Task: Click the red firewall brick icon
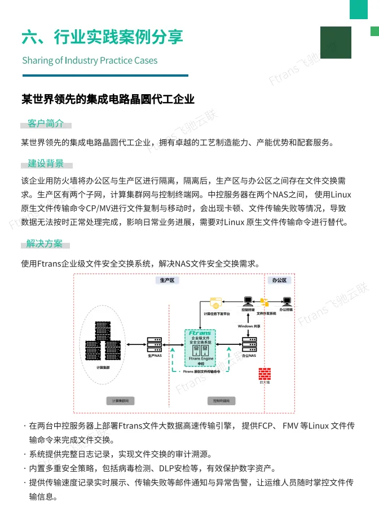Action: coord(265,374)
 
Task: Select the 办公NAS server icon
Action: coord(249,343)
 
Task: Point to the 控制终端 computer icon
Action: coord(247,301)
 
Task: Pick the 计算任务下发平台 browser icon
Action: coord(217,303)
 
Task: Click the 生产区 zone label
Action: coord(168,280)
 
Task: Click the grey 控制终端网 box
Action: coord(217,401)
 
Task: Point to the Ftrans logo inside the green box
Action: coord(200,333)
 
